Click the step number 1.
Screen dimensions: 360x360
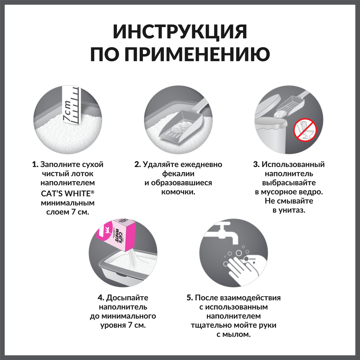click(x=35, y=165)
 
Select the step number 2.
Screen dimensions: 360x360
click(x=137, y=165)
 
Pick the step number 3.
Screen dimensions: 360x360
click(x=256, y=165)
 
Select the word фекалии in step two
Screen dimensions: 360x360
click(x=178, y=174)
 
